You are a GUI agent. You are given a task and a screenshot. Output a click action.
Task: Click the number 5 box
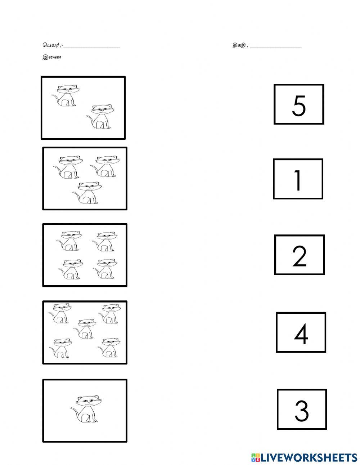(299, 104)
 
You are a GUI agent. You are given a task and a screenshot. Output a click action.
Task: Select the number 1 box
(298, 179)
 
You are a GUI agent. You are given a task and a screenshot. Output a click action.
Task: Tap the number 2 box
(299, 255)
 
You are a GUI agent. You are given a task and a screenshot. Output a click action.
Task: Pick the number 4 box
(301, 332)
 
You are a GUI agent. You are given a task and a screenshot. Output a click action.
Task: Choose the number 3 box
(302, 410)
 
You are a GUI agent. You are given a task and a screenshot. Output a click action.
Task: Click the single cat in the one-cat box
(85, 409)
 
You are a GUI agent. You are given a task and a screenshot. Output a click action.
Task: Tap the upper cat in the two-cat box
(66, 95)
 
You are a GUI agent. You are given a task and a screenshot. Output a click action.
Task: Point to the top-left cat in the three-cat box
(68, 167)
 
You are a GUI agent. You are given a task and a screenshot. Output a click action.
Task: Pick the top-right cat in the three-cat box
(105, 166)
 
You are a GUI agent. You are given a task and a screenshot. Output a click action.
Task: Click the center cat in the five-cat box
(85, 328)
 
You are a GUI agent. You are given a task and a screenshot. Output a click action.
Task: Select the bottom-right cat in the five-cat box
(109, 348)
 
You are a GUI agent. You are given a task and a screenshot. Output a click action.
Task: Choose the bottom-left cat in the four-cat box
(69, 269)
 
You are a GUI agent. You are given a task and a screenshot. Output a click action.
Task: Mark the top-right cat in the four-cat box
(104, 241)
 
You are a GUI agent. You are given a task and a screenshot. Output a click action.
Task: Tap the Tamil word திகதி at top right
(239, 46)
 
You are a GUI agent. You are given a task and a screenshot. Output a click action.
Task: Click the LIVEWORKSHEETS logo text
(304, 457)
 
